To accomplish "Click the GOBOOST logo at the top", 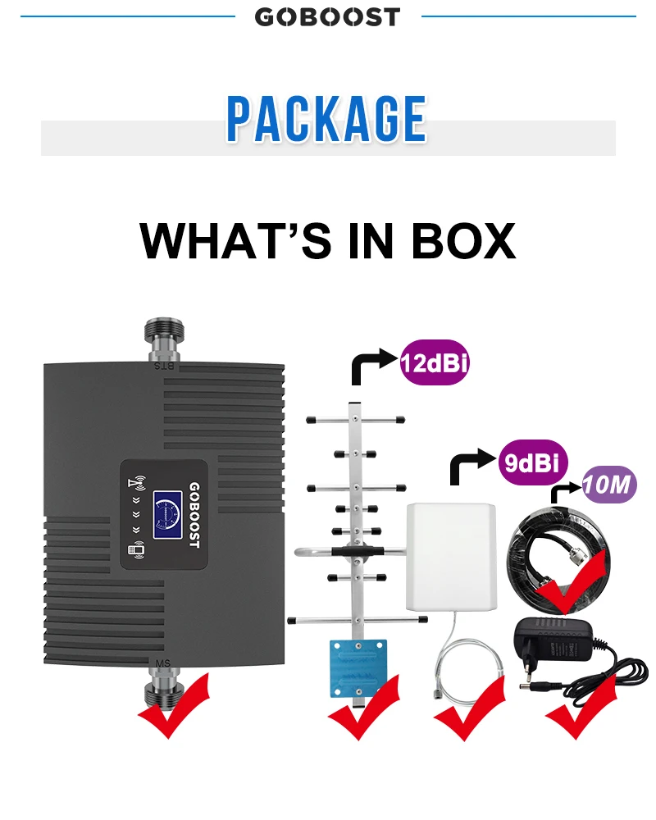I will (327, 16).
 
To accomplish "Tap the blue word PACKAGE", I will (326, 120).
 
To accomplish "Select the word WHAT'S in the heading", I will (230, 239).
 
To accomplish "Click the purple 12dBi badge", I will (435, 362).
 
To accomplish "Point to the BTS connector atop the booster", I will (165, 340).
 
